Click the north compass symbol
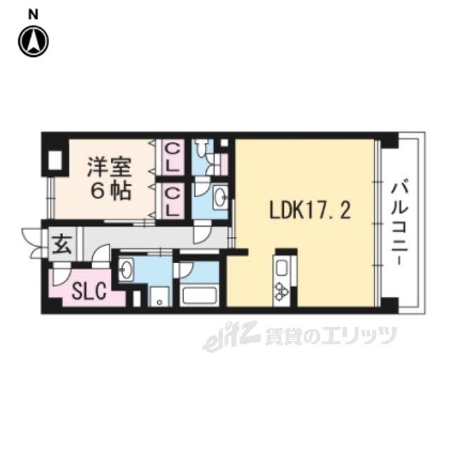33,42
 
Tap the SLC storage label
87,291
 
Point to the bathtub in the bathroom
199,294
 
